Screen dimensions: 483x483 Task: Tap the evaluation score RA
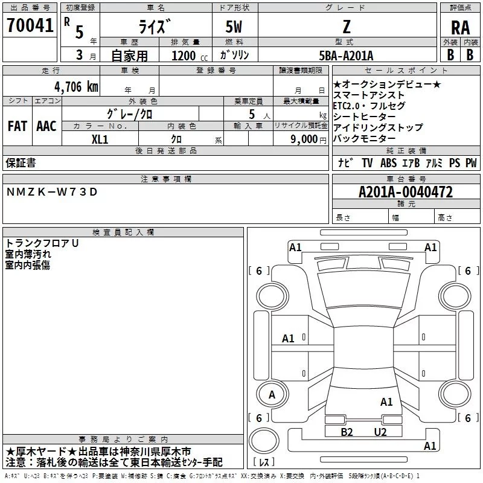[460, 27]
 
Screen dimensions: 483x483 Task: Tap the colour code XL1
[100, 138]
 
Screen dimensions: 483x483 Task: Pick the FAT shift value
[17, 126]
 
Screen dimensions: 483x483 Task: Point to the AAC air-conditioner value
[46, 126]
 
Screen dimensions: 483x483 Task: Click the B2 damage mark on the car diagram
[347, 432]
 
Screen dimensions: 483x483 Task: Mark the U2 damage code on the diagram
[380, 432]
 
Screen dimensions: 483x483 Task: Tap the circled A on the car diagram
[272, 395]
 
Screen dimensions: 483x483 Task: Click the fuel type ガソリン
[235, 56]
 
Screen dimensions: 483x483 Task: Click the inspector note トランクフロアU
[42, 243]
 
